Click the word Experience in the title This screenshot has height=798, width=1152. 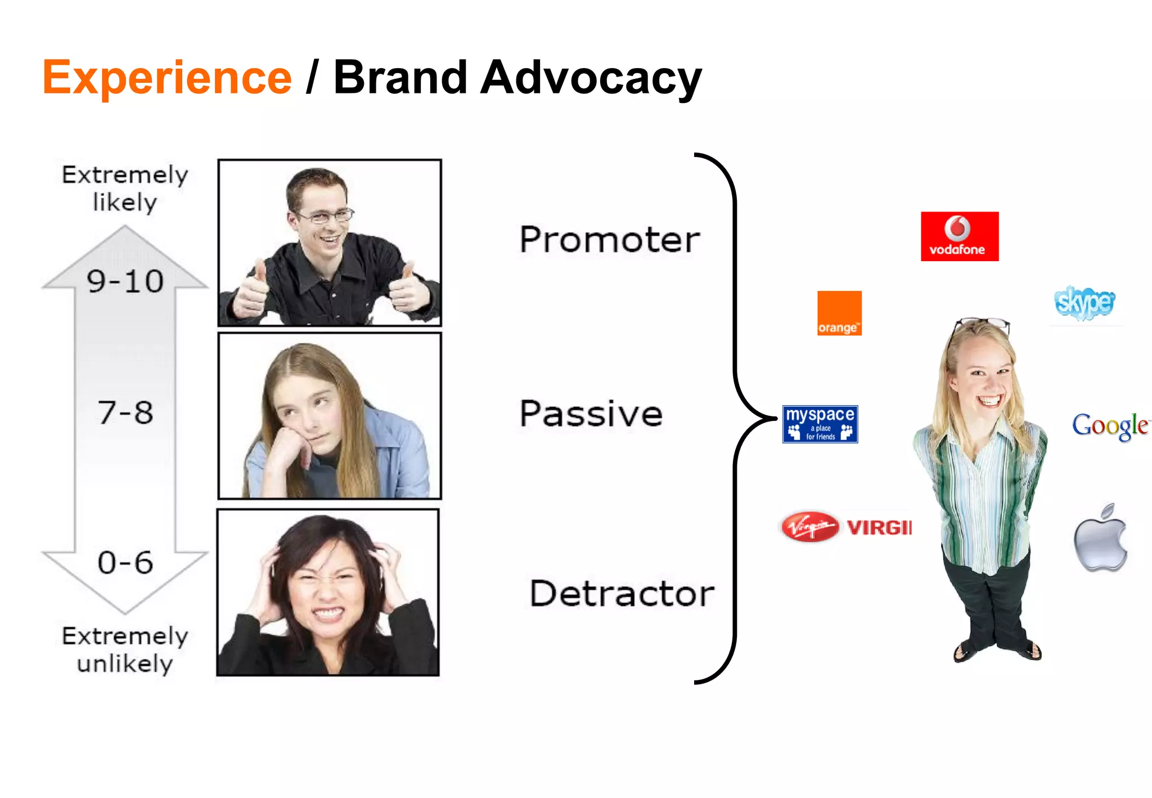167,78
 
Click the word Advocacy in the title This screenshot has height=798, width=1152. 591,78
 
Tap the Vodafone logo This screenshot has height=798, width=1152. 959,236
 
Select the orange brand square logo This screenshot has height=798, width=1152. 839,313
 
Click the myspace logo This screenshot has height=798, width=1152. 820,424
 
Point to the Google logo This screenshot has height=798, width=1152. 1110,425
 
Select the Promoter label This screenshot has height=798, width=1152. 609,240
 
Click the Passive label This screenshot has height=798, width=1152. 591,414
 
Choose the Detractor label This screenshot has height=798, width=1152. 622,593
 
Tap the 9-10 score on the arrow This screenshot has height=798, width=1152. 125,281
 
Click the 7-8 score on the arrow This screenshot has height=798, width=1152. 125,413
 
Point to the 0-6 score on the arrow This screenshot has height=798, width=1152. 125,562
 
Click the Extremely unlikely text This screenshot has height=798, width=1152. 125,649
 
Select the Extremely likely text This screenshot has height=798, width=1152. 125,189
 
